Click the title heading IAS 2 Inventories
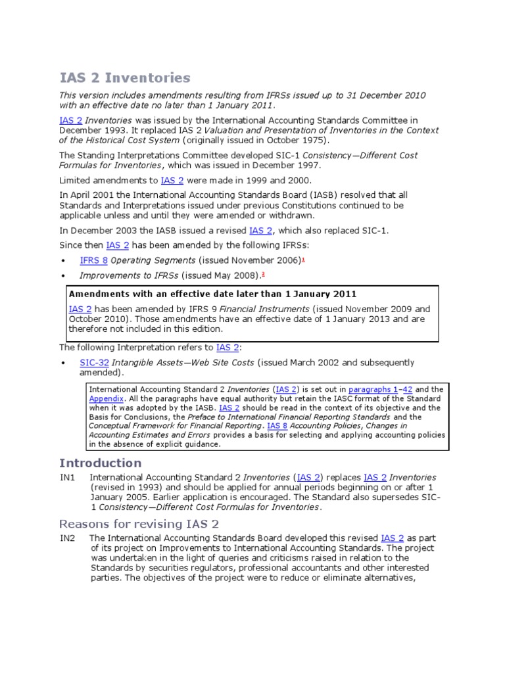[x=125, y=78]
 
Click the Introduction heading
[x=100, y=463]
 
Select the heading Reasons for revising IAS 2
[x=139, y=524]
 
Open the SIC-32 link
[x=94, y=363]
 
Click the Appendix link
[x=105, y=399]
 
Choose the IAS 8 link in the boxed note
[x=277, y=426]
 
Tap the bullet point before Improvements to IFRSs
[x=63, y=276]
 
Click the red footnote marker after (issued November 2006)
[x=304, y=260]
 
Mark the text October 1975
[x=299, y=140]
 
